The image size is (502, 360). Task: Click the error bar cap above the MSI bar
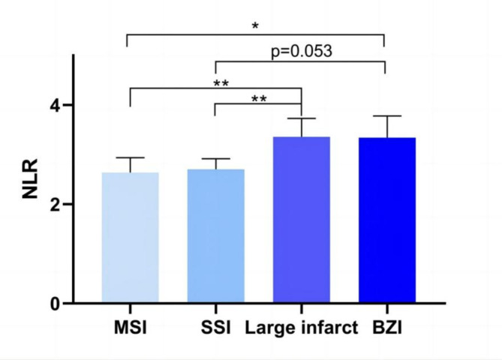tap(130, 157)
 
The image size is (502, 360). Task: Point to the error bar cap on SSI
tap(215, 159)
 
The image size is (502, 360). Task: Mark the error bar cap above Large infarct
tap(301, 118)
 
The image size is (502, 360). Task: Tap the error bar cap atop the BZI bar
tap(386, 116)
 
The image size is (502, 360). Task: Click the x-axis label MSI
tap(130, 327)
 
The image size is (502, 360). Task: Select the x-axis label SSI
tap(215, 327)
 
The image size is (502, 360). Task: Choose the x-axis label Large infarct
tap(301, 327)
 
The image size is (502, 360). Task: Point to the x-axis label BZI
tap(386, 327)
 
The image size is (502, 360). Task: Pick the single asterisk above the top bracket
tap(256, 26)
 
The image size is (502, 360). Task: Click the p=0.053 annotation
tap(300, 52)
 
